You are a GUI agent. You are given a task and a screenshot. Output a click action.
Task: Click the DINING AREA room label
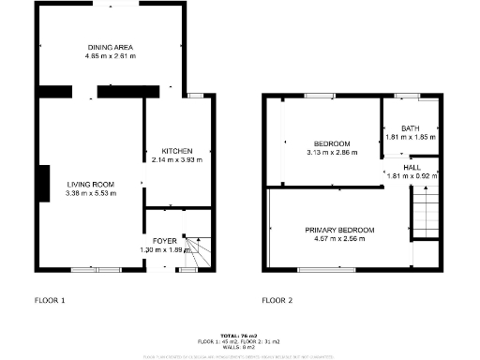coord(111,47)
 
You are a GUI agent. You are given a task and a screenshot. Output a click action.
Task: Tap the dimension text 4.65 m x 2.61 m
coord(111,55)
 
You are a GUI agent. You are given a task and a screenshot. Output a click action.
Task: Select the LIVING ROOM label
coord(90,184)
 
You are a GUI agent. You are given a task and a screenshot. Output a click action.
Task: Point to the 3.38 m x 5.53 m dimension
coord(90,193)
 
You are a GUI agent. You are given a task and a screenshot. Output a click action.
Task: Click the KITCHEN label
coord(177,151)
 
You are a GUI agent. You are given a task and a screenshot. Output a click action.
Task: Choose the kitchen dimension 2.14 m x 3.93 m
coord(177,159)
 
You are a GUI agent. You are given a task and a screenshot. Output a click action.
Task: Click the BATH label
coord(410,128)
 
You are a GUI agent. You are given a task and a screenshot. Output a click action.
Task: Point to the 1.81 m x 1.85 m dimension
coord(410,137)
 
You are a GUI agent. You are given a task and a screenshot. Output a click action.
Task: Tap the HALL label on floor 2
coord(412,167)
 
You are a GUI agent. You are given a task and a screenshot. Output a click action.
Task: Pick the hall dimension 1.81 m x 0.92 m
coord(412,175)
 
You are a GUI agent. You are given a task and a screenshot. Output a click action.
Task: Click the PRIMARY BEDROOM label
coord(339,230)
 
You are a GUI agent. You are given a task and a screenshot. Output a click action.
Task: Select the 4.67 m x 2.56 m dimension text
coord(339,239)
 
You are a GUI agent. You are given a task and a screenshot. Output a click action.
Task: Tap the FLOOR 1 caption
coord(51,301)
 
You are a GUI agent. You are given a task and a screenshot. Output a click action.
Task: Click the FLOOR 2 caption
coord(277,301)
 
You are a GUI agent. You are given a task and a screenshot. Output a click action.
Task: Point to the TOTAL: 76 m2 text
coord(240,335)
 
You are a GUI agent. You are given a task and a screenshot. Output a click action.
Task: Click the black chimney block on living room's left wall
coord(44,184)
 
